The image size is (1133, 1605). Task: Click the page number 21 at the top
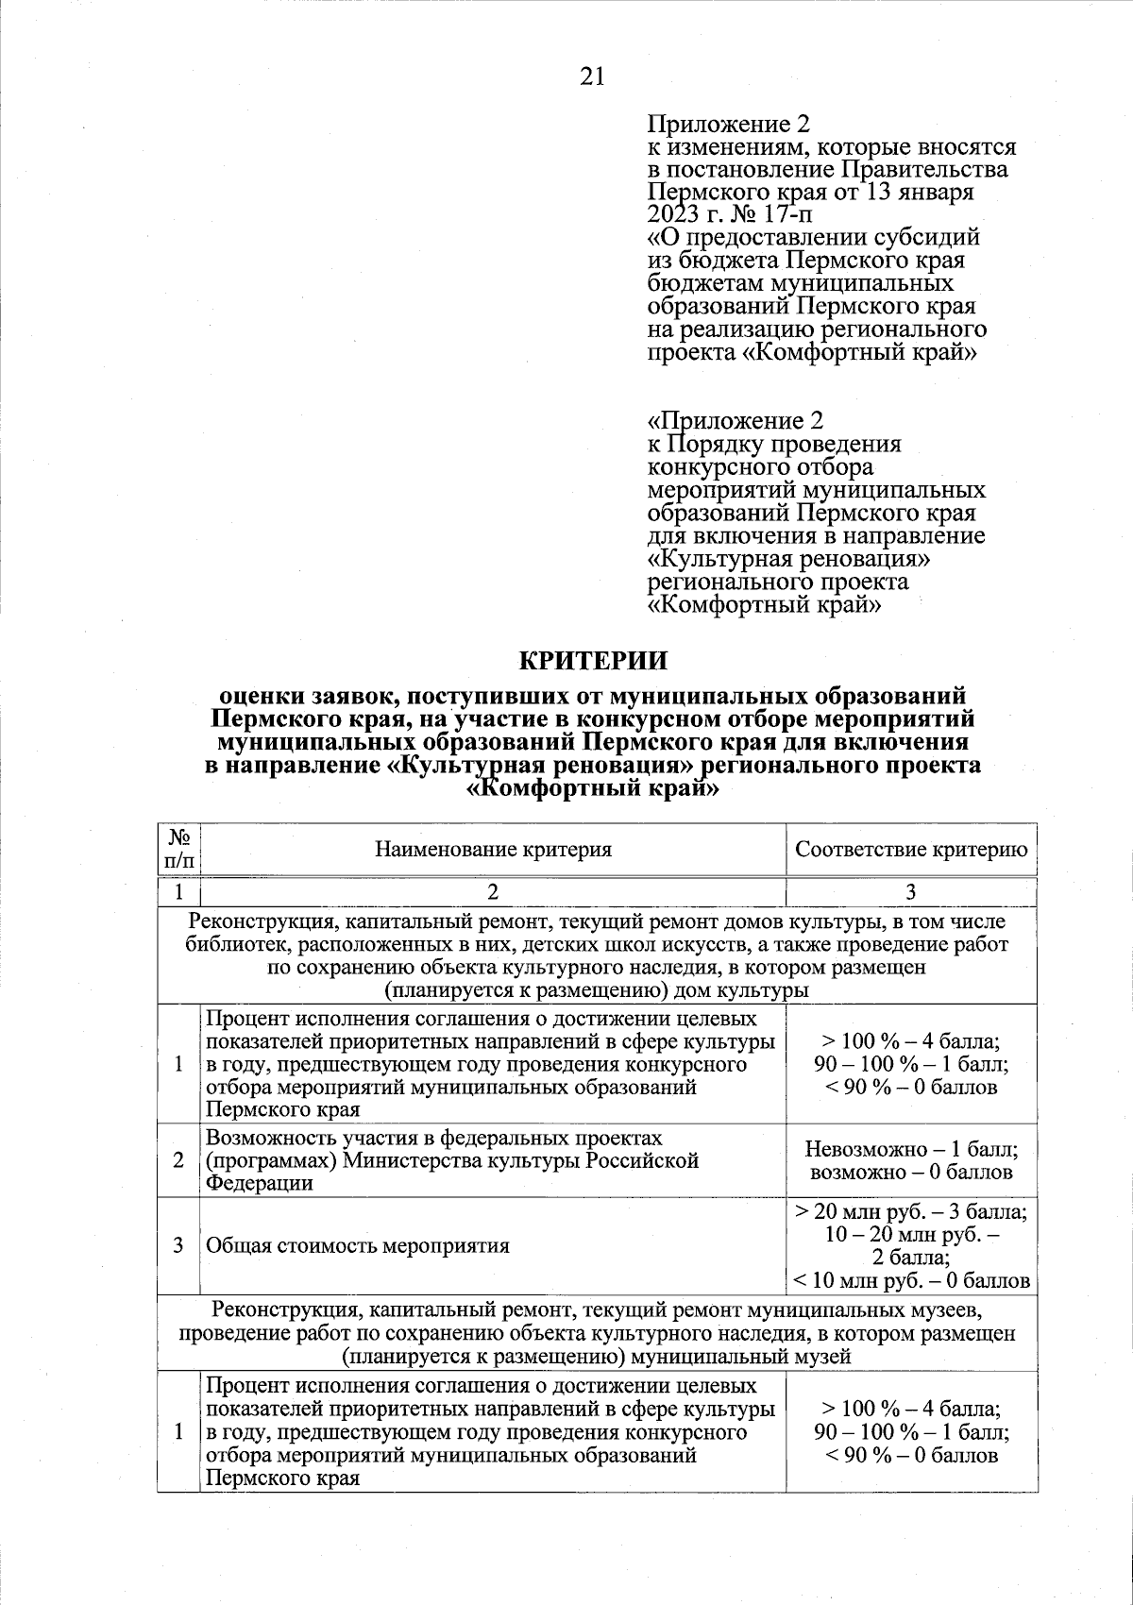click(592, 76)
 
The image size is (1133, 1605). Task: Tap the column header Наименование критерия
click(493, 849)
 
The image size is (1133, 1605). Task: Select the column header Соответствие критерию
click(910, 849)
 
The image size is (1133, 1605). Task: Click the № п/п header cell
click(179, 849)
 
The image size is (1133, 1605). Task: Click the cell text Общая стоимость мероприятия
click(358, 1245)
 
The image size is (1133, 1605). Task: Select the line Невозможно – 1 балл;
click(910, 1149)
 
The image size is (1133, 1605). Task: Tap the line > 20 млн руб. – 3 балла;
click(910, 1211)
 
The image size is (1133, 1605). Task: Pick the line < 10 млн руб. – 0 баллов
click(910, 1281)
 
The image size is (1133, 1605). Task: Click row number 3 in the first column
click(178, 1245)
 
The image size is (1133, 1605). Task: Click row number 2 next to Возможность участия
click(178, 1160)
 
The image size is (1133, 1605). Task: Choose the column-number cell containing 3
click(910, 892)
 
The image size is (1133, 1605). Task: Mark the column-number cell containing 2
click(493, 892)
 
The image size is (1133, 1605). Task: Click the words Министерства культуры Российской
click(520, 1160)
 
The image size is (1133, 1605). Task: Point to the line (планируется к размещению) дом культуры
click(596, 991)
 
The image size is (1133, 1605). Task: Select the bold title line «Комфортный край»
click(594, 788)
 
